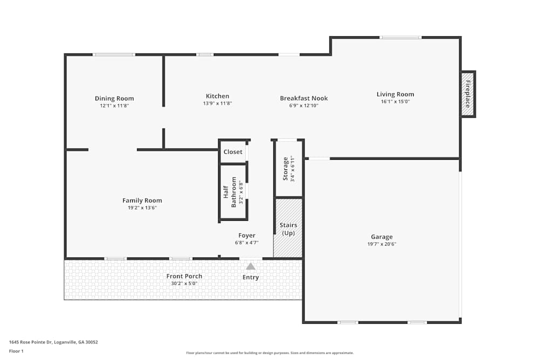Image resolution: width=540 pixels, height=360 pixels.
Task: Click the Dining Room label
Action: point(114,98)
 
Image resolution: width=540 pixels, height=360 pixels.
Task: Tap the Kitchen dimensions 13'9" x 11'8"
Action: point(217,103)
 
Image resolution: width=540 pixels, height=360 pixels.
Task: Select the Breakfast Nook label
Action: point(303,98)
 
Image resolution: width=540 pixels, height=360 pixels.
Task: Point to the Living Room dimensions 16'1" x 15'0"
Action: point(395,101)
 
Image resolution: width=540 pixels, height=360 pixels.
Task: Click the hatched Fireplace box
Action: point(468,94)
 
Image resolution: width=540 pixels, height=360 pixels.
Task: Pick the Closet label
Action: point(233,152)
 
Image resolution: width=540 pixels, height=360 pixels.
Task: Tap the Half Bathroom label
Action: point(230,192)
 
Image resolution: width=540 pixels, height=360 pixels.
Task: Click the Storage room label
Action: point(286,168)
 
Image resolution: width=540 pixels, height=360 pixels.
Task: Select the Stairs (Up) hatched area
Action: point(288,228)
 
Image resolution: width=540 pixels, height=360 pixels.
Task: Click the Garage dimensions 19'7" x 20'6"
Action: point(381,243)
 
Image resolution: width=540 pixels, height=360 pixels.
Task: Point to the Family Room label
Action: point(142,200)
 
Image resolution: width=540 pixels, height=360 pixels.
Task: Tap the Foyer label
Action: point(247,235)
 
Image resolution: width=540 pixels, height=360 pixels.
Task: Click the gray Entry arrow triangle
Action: point(251,266)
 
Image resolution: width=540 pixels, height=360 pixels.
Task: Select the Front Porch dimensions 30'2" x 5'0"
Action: point(184,283)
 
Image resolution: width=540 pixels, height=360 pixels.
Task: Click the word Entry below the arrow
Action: point(251,277)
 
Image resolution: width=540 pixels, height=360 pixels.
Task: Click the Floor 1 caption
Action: point(16,351)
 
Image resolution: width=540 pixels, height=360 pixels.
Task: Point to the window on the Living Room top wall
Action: point(400,37)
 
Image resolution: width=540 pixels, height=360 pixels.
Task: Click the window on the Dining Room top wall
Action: point(113,55)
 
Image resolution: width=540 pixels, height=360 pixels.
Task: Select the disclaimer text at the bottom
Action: point(270,353)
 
